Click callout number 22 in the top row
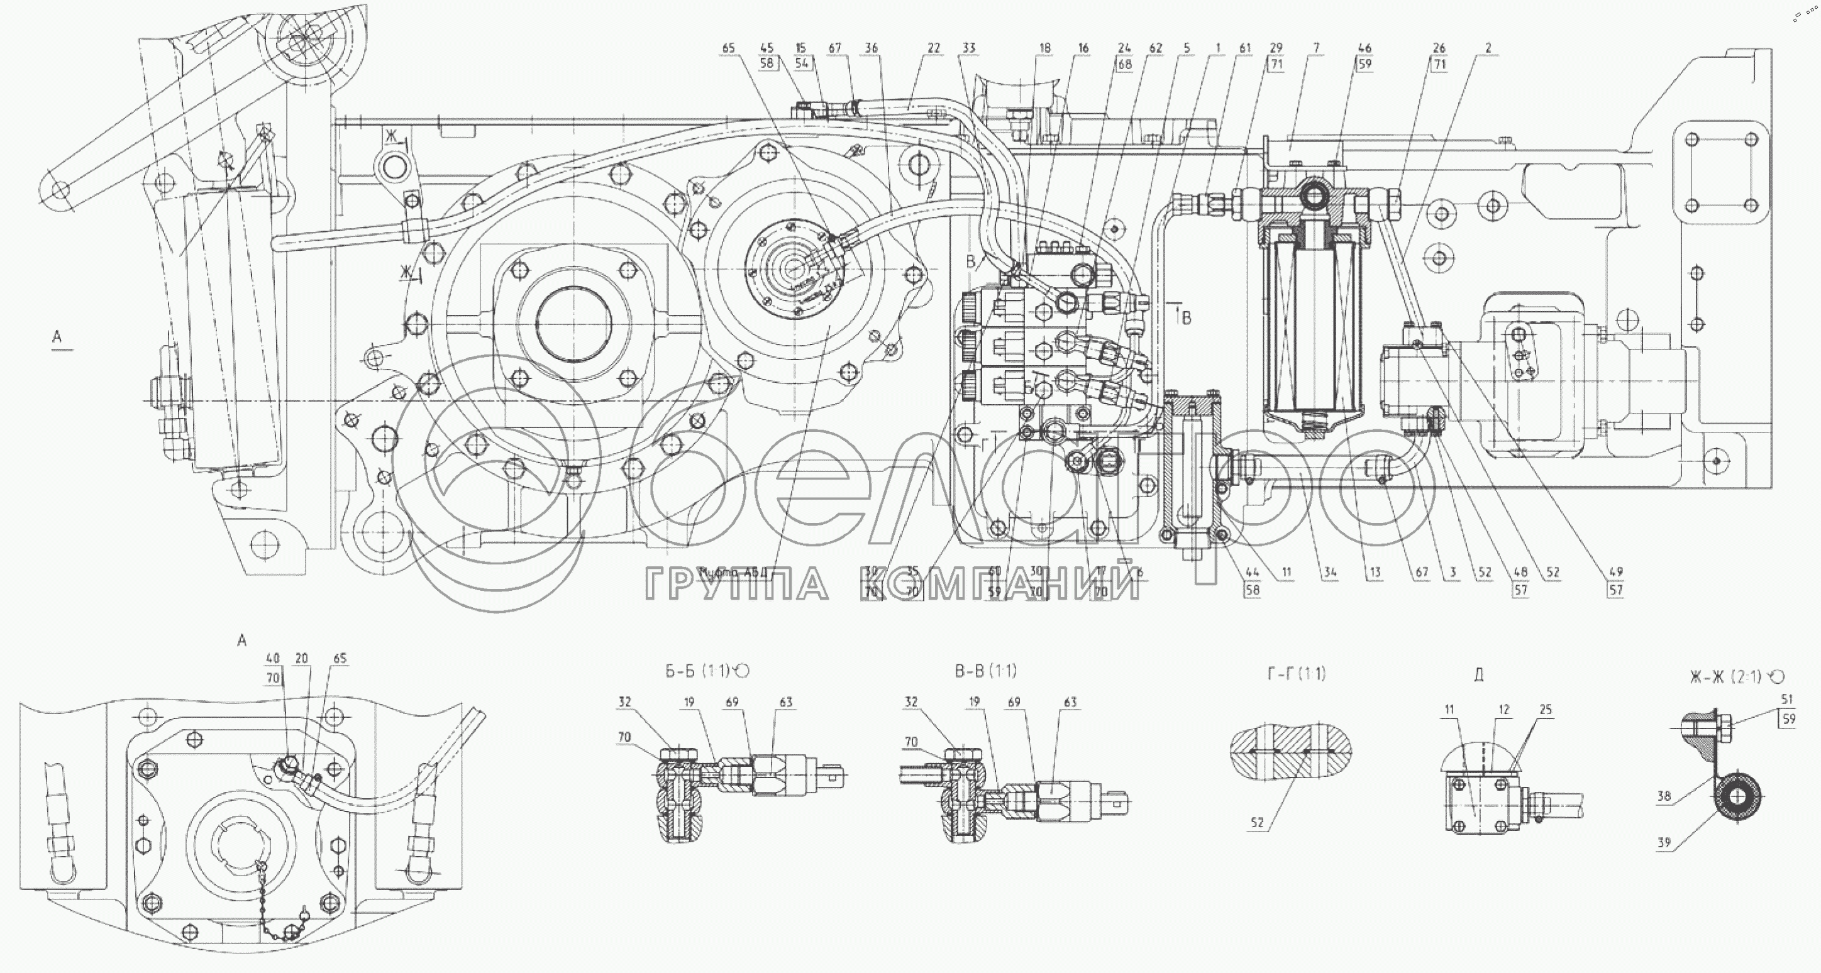[934, 48]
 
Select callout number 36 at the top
[872, 48]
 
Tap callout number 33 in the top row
[968, 48]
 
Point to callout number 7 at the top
[1316, 48]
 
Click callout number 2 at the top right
[1488, 48]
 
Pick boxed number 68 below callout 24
[1124, 64]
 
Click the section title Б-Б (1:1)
[706, 671]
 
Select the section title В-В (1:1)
[985, 671]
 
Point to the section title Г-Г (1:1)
[1297, 674]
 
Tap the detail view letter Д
[1479, 676]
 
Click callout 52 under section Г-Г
[1257, 823]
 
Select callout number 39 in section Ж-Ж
[1664, 842]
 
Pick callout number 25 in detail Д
[1546, 710]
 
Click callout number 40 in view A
[273, 659]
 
